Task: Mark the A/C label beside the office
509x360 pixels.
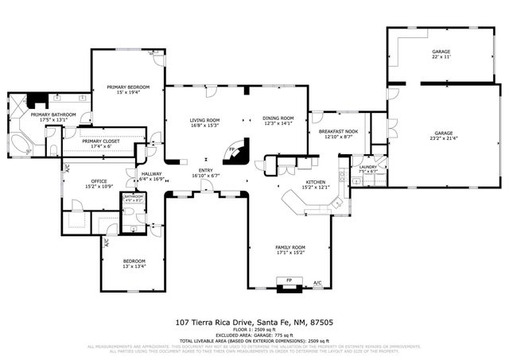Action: tap(67, 168)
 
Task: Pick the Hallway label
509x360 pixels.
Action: tap(151, 174)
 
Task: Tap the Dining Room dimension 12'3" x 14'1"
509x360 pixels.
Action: tap(278, 123)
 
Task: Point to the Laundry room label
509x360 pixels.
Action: tap(367, 167)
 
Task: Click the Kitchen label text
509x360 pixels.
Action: tap(317, 182)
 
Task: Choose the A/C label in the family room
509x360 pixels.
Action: tap(317, 283)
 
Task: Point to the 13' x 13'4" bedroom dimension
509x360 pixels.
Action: tap(134, 266)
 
